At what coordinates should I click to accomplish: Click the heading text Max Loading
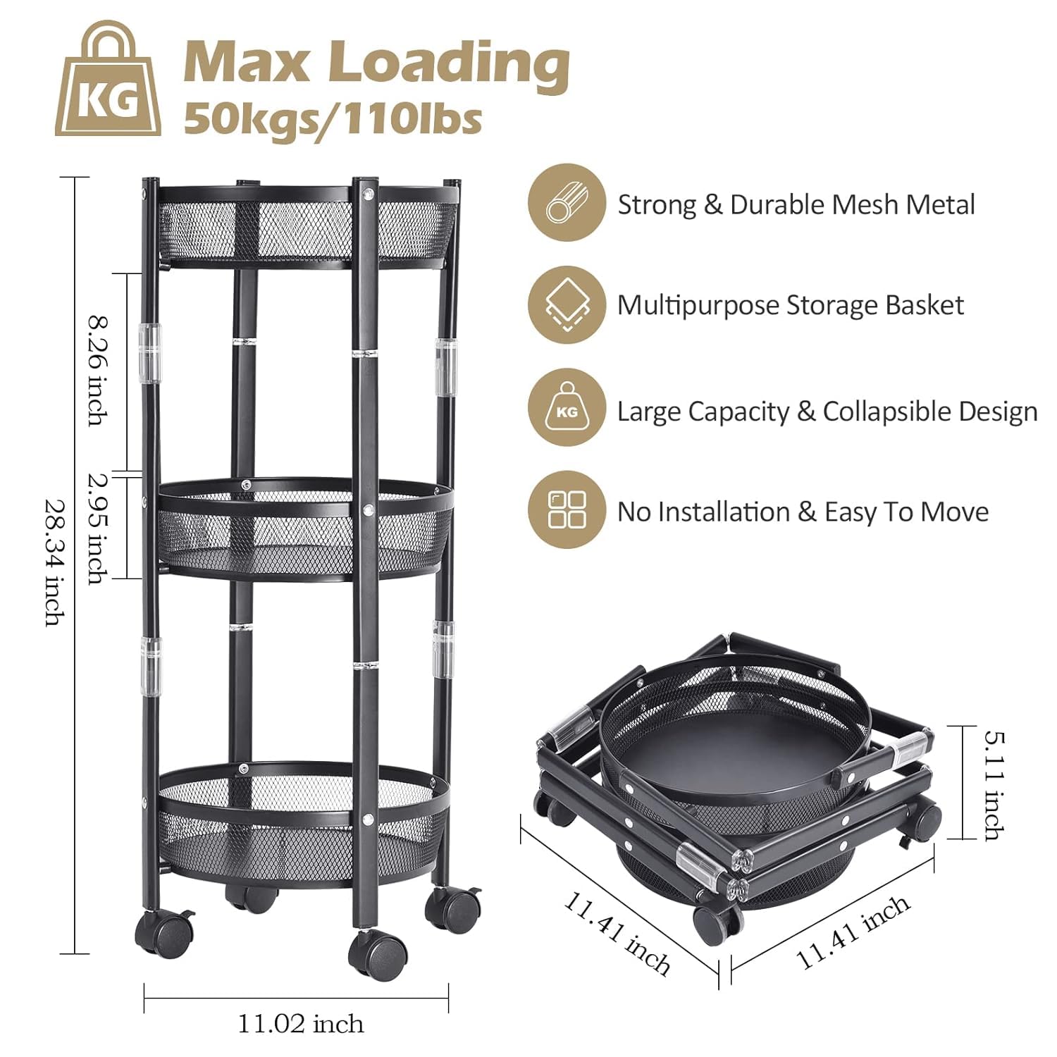coord(376,63)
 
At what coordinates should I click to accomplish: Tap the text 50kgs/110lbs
coord(333,118)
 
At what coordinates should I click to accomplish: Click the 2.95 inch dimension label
coord(99,528)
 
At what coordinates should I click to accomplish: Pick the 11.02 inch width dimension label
coord(301,1023)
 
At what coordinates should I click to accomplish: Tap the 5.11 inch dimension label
coord(994,785)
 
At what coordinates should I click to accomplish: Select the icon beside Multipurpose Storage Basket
coord(567,305)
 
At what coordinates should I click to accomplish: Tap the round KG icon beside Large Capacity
coord(567,409)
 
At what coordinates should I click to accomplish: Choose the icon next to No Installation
coord(567,509)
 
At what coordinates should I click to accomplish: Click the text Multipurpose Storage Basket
coord(790,305)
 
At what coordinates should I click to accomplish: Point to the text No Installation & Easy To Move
coord(803,512)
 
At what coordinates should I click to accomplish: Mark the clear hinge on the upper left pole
coord(150,352)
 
